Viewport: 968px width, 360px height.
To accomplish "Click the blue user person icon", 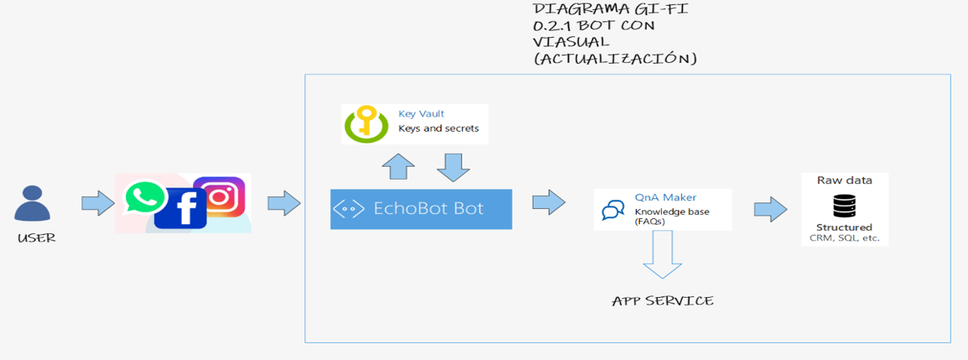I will [33, 205].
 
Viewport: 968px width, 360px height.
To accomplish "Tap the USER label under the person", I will [36, 238].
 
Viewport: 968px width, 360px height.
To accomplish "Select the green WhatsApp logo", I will [145, 198].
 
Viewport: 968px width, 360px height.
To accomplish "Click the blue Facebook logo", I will [180, 207].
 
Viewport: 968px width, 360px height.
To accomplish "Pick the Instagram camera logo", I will [220, 197].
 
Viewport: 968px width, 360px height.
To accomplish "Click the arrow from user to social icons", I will [97, 203].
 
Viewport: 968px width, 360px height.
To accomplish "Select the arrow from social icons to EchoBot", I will [284, 203].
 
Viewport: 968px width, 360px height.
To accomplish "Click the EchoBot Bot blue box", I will [420, 209].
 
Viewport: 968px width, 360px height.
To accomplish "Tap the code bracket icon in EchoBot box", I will [348, 209].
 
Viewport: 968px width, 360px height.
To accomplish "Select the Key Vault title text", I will [421, 113].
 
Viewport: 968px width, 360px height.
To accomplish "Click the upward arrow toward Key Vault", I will [398, 167].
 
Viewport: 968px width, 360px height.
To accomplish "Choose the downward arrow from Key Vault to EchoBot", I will [453, 167].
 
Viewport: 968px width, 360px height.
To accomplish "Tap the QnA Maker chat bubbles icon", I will [613, 211].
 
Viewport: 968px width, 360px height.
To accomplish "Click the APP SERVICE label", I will [663, 301].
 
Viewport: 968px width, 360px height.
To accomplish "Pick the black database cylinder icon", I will [844, 206].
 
